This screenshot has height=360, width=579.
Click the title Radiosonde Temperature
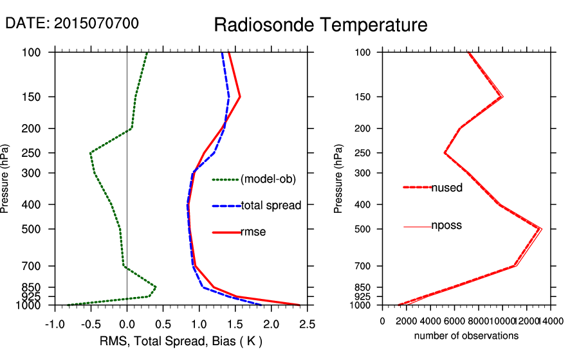(320, 25)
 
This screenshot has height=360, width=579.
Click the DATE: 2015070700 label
(72, 24)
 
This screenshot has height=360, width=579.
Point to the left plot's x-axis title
(181, 341)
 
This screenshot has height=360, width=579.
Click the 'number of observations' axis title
(466, 336)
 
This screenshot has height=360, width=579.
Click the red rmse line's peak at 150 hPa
(240, 97)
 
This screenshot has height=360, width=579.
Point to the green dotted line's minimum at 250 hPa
(91, 153)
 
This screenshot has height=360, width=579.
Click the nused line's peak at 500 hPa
(539, 229)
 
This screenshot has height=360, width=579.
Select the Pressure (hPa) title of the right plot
(338, 179)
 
